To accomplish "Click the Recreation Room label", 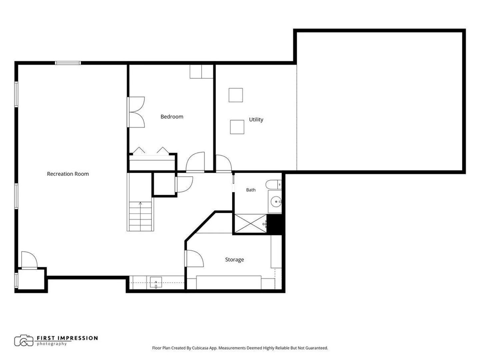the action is [68, 174].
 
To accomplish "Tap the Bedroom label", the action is [172, 117].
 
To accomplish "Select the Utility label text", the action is [256, 120].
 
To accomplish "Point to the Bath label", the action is [251, 190].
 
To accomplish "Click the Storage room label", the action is [234, 259].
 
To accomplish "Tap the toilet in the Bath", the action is [273, 184].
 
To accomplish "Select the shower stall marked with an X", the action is [250, 223].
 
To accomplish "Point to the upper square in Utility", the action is [236, 95].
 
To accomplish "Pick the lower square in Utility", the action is [237, 127].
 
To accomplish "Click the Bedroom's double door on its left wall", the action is [136, 112].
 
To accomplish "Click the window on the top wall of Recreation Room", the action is [68, 63].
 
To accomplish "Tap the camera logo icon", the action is [24, 341].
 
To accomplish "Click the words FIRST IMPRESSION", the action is [67, 338].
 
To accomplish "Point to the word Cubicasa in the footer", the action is [200, 348].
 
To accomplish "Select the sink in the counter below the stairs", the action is [156, 282].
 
